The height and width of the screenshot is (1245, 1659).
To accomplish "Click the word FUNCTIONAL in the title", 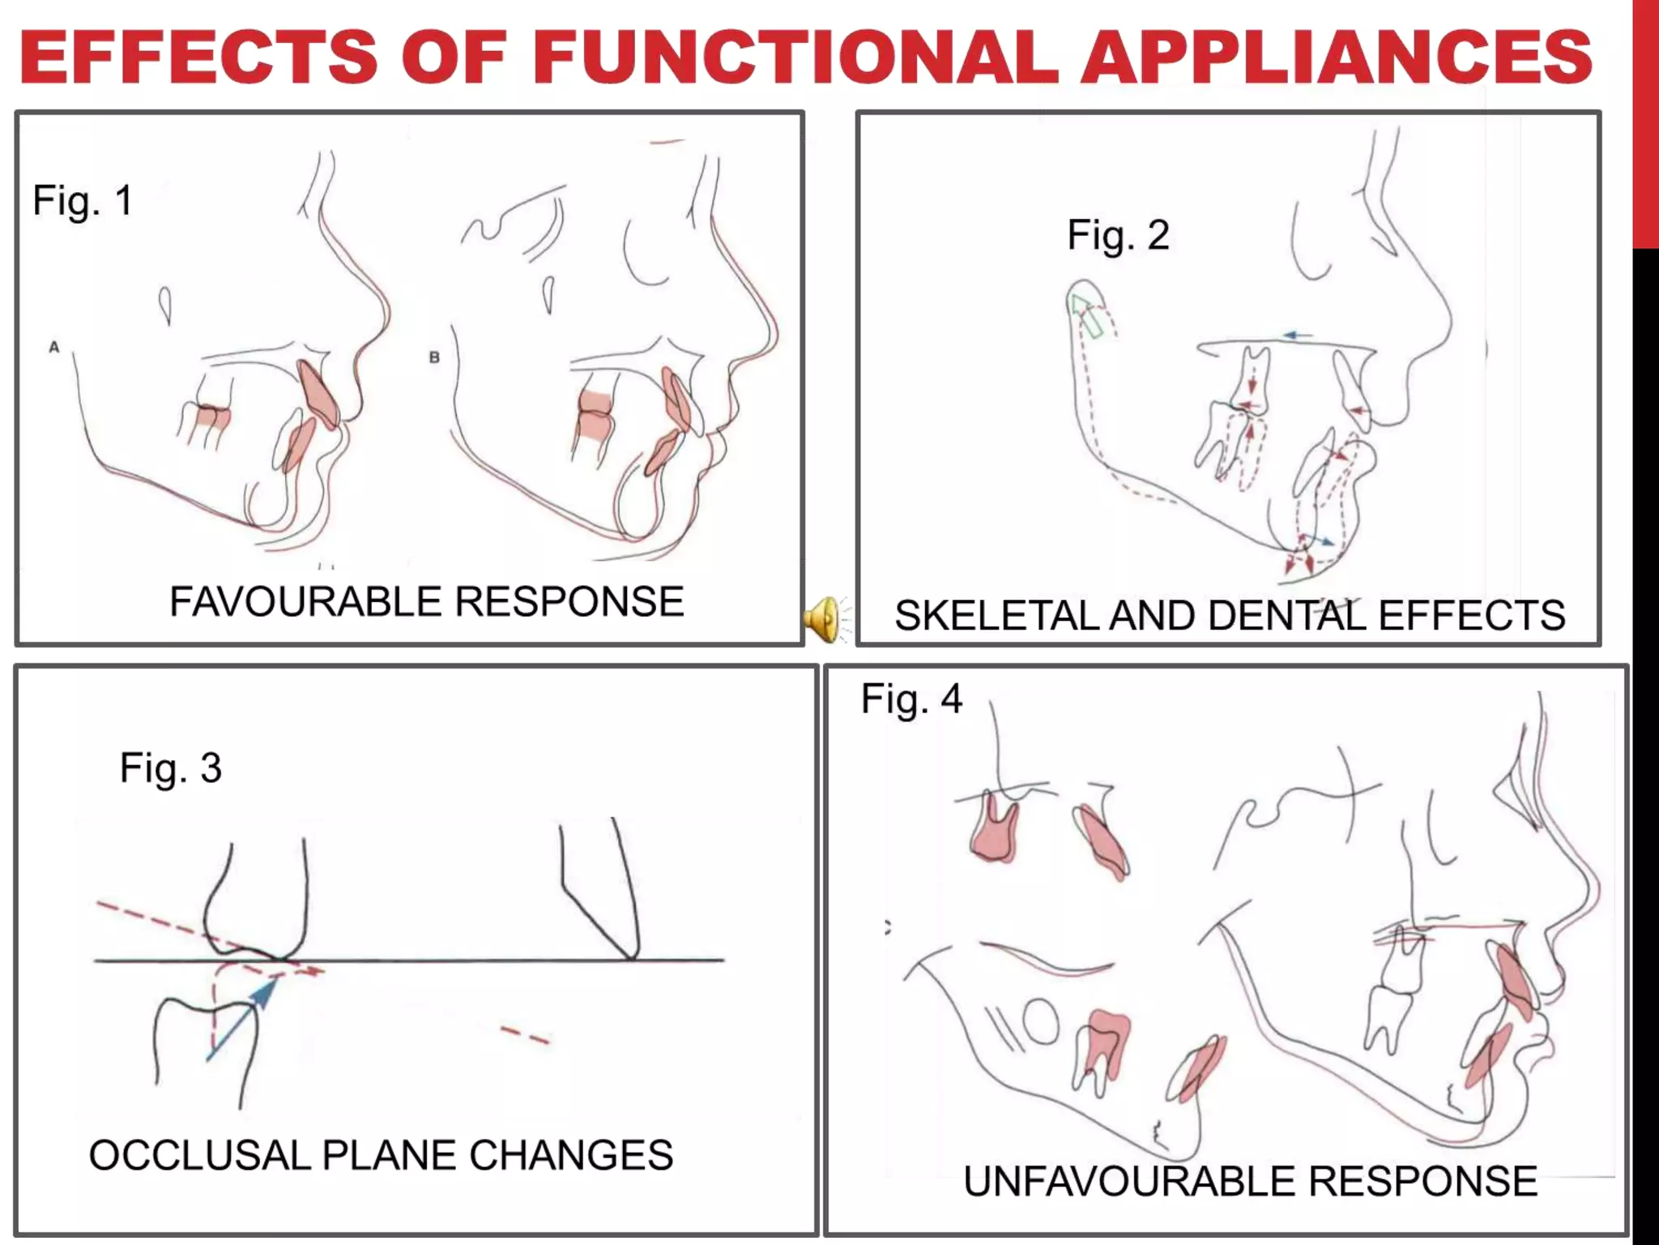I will (794, 57).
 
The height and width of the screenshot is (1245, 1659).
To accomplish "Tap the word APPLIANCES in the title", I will (1337, 57).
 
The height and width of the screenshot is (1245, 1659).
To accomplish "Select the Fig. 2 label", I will (1118, 236).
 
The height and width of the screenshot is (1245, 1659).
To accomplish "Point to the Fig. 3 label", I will (170, 768).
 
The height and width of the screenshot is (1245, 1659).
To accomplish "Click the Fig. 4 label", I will (911, 699).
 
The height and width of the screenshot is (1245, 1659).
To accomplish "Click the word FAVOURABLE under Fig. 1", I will (308, 602).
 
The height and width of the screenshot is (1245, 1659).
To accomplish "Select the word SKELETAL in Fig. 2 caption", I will (997, 616).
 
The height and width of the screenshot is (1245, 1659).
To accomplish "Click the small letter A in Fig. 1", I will (54, 347).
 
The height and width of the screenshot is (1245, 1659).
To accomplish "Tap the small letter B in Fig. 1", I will (434, 357).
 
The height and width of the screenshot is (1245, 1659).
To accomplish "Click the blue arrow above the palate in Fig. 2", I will (1299, 335).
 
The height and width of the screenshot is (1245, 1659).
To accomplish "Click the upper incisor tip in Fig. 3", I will (632, 955).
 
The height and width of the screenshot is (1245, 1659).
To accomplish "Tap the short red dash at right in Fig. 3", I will (525, 1035).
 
